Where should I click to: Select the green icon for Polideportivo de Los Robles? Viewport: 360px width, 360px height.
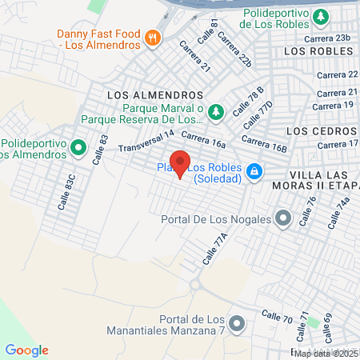pos(320,16)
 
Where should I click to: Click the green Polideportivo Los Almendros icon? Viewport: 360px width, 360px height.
pos(78,147)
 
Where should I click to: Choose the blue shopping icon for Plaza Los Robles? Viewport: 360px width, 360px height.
pos(254,170)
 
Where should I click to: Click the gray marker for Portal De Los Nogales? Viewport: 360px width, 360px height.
pos(282,217)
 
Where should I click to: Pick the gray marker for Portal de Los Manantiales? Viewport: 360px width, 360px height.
pos(236,323)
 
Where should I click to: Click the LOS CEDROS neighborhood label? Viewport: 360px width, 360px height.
pos(319,130)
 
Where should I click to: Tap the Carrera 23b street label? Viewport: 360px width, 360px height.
pos(333,38)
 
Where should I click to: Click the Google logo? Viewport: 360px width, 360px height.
pos(26,350)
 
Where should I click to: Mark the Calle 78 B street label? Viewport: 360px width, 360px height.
pos(247,102)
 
